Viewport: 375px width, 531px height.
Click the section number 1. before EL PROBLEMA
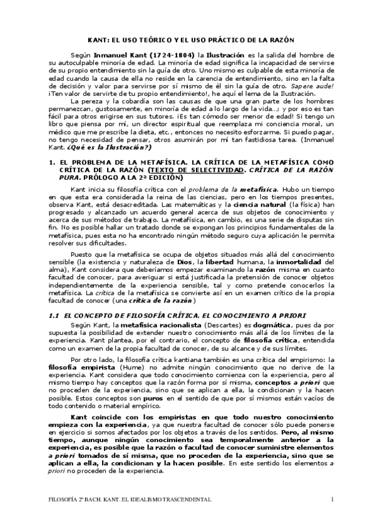tap(53, 162)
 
